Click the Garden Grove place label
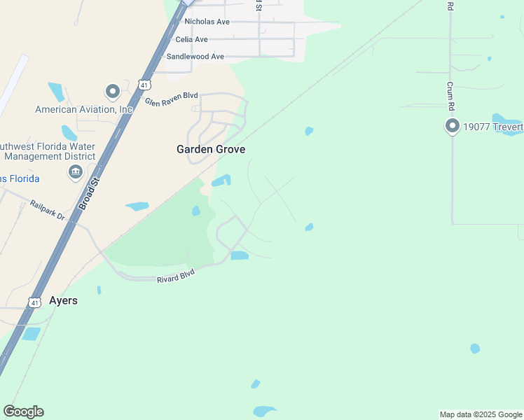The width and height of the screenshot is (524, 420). point(210,149)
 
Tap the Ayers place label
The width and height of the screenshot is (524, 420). point(63,300)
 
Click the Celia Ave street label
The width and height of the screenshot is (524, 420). point(191,39)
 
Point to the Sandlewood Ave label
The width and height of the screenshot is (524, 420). point(195,56)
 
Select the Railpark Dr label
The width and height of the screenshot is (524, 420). point(48,210)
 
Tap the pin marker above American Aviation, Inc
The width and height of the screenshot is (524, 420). point(112,91)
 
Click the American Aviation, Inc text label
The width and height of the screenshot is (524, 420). point(84,109)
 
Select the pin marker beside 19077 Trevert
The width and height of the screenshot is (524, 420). point(452,126)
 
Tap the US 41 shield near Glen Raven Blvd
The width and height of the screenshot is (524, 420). point(144,85)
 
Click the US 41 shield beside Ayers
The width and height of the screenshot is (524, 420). point(34,302)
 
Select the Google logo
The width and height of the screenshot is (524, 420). point(23,412)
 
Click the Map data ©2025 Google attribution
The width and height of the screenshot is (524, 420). point(481,414)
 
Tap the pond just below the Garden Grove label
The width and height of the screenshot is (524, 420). point(221,181)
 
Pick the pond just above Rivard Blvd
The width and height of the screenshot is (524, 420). point(240,255)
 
